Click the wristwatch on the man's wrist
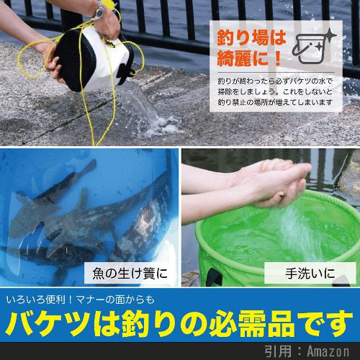tap(99, 11)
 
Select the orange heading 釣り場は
tap(251, 38)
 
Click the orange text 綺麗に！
tap(249, 58)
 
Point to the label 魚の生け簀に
tap(130, 274)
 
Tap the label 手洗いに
tap(310, 274)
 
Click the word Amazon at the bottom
tap(328, 351)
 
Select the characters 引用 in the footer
tap(278, 351)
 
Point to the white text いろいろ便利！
tap(39, 300)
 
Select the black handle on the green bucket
tap(214, 277)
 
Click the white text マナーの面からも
tap(116, 300)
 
